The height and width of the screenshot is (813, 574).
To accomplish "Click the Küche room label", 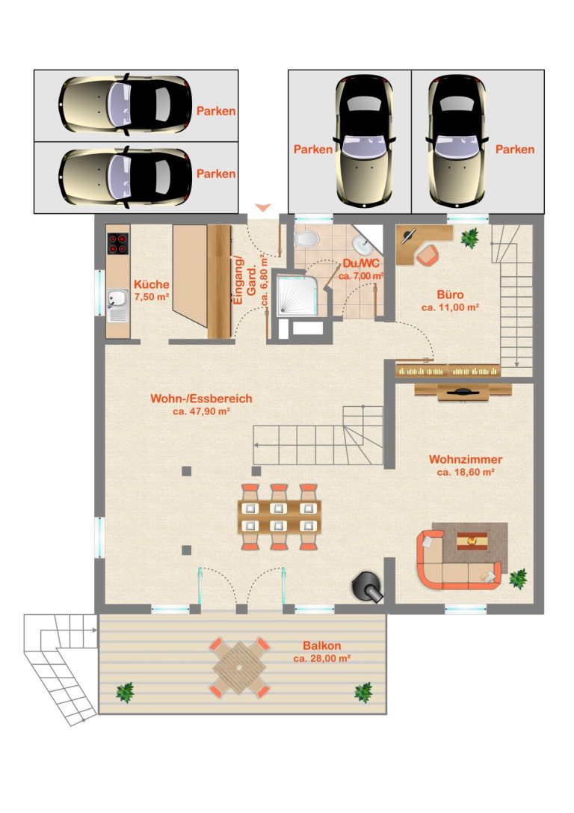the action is (x=151, y=284).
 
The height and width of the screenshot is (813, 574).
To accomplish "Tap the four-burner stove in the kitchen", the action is (x=118, y=244).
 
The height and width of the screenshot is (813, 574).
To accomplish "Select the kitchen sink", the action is (x=118, y=299).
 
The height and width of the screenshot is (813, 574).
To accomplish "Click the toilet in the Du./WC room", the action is (x=306, y=239).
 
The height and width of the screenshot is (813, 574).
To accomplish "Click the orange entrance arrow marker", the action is (x=263, y=208).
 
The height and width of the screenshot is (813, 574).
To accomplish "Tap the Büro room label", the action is (x=450, y=295).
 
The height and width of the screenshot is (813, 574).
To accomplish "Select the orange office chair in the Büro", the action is (x=428, y=255).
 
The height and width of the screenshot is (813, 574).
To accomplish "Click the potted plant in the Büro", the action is (x=470, y=238).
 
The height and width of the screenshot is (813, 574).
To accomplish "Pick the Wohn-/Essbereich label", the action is (x=201, y=399).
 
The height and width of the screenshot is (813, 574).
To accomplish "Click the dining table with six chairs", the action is (x=280, y=517).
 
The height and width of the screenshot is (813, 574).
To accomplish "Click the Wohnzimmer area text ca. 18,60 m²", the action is (x=465, y=473).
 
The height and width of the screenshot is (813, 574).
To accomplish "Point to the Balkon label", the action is (x=321, y=646).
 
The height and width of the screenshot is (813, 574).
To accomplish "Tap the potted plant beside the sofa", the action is (x=517, y=579).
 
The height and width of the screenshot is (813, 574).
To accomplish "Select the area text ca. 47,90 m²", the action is (x=201, y=411).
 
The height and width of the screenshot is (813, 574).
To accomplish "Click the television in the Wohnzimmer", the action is (x=463, y=393).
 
